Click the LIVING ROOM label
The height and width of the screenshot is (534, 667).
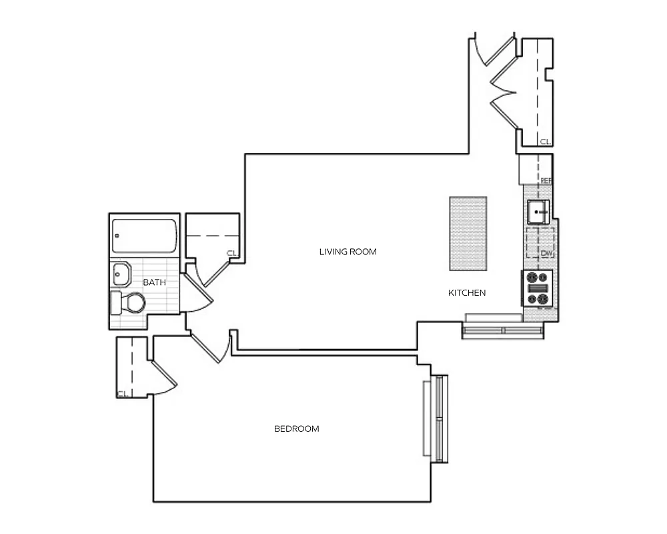click(x=348, y=252)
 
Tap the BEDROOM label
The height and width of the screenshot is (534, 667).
click(x=297, y=429)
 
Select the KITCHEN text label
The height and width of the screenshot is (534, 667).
click(x=467, y=292)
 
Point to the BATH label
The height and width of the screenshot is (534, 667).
click(x=154, y=282)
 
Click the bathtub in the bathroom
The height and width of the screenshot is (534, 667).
click(x=145, y=236)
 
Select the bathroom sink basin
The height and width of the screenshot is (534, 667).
click(x=122, y=273)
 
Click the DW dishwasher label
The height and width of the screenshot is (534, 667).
click(x=546, y=253)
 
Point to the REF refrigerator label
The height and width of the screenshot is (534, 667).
click(x=546, y=180)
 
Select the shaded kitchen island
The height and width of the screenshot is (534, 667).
click(x=468, y=233)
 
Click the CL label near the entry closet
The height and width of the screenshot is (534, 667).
click(x=545, y=142)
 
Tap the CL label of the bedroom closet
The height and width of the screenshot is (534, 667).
click(x=122, y=394)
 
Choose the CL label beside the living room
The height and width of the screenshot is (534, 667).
click(x=231, y=253)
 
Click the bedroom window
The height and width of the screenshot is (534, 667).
click(x=437, y=419)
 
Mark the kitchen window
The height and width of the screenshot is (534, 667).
click(x=504, y=330)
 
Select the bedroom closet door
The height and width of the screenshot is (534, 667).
click(x=164, y=374)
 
